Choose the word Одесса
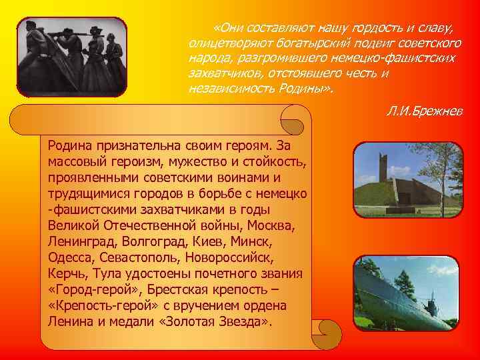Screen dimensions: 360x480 69,257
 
